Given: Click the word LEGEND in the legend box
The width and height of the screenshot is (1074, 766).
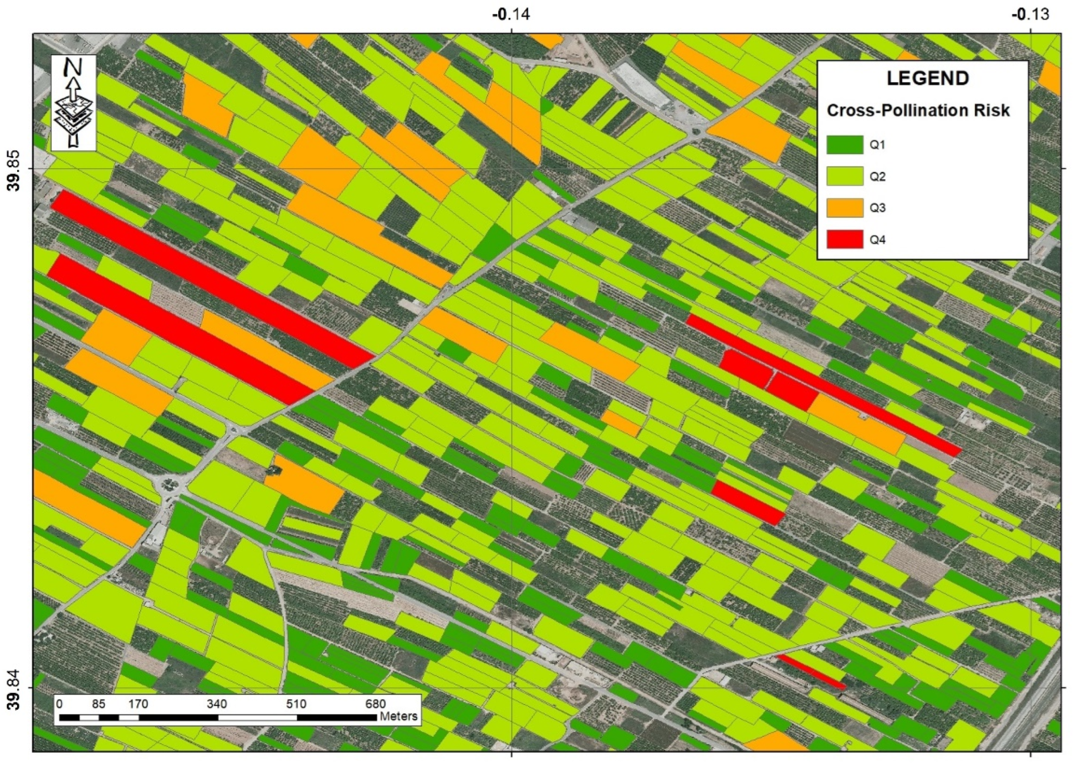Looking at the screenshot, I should point(928,78).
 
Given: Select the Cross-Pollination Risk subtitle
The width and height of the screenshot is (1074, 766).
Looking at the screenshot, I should point(918,111).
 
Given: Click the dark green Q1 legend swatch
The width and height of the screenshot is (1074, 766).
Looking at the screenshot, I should point(845,145).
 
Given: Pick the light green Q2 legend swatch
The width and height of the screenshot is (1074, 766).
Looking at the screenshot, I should point(845,176).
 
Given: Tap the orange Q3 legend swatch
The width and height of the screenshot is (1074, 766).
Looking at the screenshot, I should point(845,208).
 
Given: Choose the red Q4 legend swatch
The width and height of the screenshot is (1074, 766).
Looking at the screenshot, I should point(845,239).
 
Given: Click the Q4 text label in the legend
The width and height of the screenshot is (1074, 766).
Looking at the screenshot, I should point(877,240).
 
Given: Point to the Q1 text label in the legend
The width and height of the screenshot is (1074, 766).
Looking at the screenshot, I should point(877,145).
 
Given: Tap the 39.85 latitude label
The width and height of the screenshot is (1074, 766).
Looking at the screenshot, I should point(15,170).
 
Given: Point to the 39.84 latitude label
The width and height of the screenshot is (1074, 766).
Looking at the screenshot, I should point(15,690).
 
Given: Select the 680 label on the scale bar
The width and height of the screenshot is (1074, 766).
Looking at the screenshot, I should point(375,704).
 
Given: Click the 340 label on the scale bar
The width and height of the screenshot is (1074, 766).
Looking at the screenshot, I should point(217,704).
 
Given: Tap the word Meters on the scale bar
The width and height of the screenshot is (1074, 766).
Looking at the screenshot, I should point(398,716).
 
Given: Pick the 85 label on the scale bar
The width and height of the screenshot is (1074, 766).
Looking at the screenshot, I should point(99,704).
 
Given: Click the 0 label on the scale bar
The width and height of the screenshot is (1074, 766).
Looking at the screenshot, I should point(59,704).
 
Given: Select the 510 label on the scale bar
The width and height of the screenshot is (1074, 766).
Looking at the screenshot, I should point(296,704).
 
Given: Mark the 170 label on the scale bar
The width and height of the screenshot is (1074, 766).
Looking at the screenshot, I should point(138,704).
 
